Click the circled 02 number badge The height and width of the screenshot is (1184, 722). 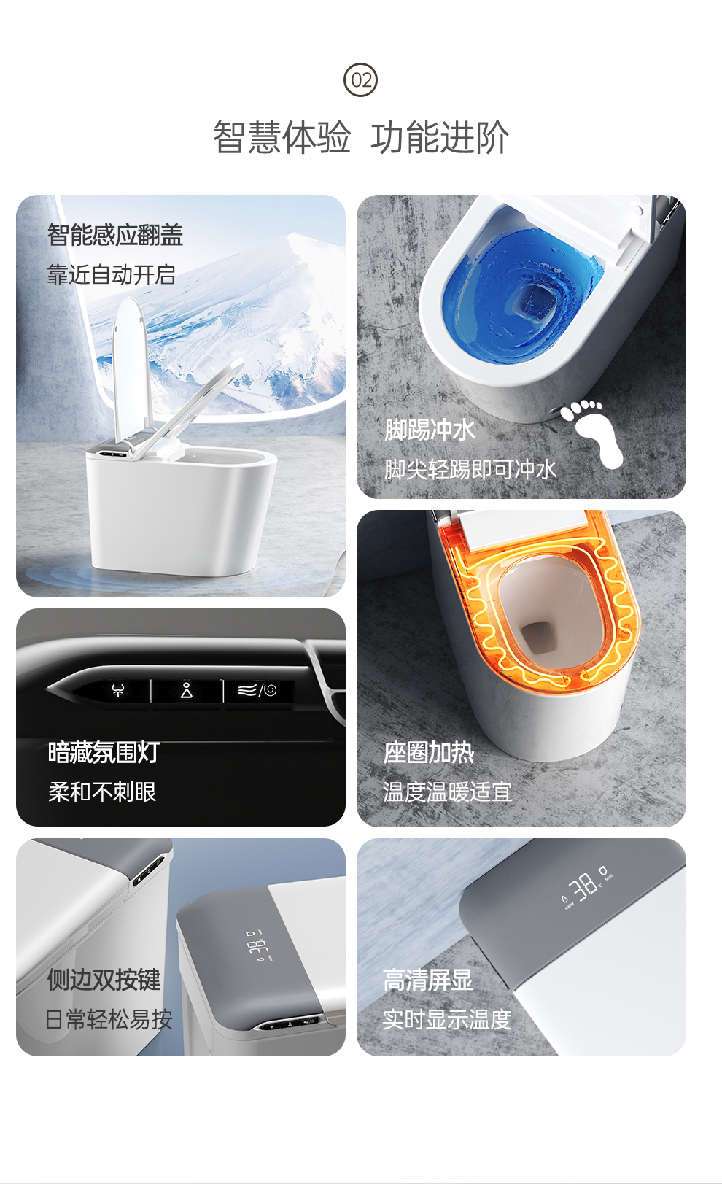coord(360,80)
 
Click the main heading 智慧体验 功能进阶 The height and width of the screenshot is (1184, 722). coord(361,137)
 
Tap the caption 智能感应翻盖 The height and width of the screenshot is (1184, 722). coord(114,235)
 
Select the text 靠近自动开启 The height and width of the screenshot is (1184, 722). coord(111,275)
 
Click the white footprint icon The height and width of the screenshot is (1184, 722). coord(592,433)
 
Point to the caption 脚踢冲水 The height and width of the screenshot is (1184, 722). coord(430,430)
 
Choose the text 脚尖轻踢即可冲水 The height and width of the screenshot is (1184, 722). coord(470,469)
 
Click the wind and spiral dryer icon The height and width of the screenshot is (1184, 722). coord(257,690)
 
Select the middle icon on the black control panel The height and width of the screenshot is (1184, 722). coord(187,690)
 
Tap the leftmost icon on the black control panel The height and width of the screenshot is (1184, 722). coord(118,690)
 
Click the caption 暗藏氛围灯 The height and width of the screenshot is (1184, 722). coord(104,753)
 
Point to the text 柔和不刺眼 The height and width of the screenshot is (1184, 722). coord(102,792)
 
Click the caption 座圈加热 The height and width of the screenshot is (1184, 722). coord(429,753)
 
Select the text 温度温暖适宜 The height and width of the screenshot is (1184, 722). coord(448,792)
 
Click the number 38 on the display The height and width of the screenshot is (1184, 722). coord(586,886)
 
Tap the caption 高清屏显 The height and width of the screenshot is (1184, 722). coord(428,980)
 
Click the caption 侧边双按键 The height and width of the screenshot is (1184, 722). coord(104,980)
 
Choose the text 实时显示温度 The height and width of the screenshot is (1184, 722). coord(447,1019)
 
